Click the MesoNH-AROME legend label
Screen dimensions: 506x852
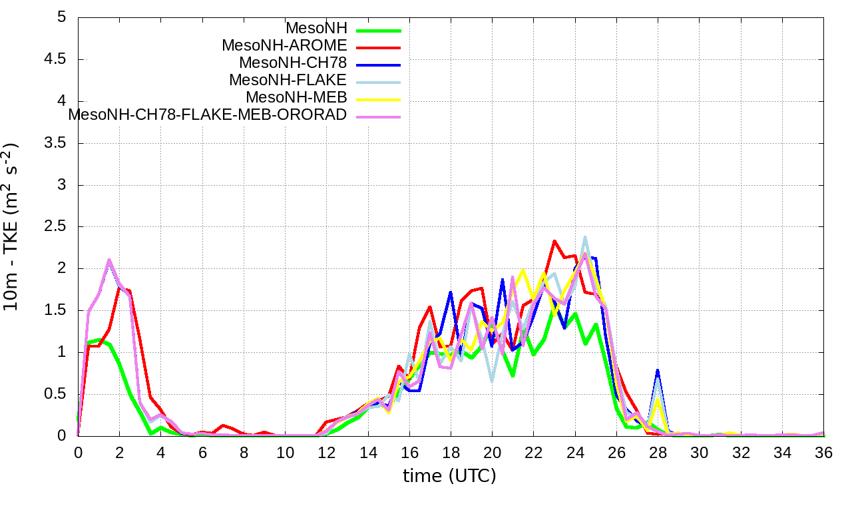284,46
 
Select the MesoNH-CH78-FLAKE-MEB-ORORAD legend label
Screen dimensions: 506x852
208,115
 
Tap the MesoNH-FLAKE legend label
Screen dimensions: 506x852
288,80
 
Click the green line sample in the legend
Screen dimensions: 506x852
379,30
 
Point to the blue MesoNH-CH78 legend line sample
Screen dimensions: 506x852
379,65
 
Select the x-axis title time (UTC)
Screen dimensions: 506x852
449,476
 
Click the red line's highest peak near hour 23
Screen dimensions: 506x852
554,241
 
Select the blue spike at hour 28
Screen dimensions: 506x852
658,370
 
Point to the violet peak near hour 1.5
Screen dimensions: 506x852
109,260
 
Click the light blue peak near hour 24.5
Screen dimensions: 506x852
585,236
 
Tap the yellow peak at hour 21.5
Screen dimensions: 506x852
523,270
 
